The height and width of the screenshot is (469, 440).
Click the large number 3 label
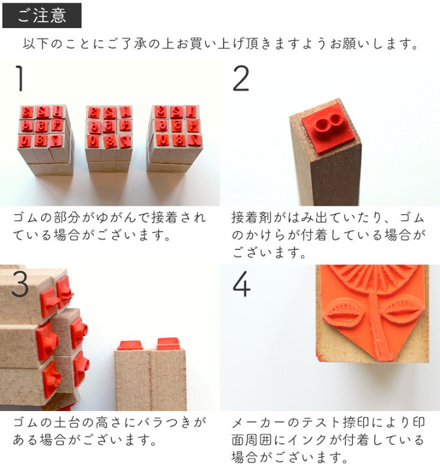click(20, 283)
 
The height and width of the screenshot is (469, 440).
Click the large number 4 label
click(241, 283)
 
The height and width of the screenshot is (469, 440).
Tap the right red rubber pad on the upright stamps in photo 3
click(169, 343)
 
